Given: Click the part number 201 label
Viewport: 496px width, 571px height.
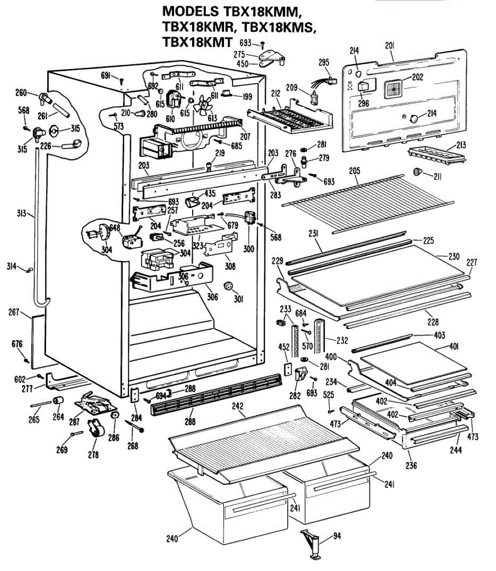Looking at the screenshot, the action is point(389,46).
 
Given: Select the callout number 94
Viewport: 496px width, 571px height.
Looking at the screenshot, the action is point(337,536).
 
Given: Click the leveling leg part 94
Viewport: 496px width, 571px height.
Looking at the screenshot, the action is point(310,543).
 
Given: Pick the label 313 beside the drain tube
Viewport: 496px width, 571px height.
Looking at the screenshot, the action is point(21,214).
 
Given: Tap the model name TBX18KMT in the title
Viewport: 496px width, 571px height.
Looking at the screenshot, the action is point(197,42).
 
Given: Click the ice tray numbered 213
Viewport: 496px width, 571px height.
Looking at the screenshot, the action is point(437,156).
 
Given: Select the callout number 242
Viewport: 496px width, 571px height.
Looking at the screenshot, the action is point(237,406).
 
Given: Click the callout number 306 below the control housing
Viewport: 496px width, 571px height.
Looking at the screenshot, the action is point(213,296).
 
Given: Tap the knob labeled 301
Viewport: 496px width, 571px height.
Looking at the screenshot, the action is point(228,286).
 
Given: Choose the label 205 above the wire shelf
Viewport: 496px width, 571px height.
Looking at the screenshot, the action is point(354,171).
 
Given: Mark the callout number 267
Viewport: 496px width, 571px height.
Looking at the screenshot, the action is point(14,312).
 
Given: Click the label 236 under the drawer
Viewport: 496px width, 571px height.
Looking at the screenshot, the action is point(411,465).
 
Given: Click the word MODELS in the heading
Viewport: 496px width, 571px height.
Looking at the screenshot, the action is point(191,12).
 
